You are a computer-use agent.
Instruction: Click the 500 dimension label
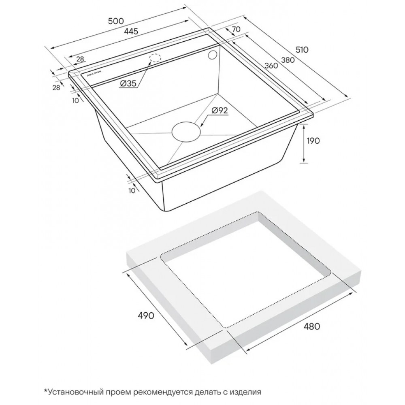[x=116, y=21]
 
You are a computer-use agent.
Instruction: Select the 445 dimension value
[x=131, y=31]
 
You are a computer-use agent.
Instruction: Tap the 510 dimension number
[x=302, y=49]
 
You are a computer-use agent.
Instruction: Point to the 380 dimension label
[x=288, y=60]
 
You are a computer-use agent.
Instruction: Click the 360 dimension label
[x=271, y=66]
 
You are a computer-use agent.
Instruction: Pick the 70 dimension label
[x=236, y=30]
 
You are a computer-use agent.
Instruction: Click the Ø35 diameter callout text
[x=128, y=83]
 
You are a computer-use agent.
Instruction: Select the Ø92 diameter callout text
[x=220, y=111]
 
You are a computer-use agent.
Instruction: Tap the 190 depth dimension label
[x=312, y=141]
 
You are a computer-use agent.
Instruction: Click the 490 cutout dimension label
[x=146, y=315]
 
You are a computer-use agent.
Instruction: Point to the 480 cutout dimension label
[x=311, y=326]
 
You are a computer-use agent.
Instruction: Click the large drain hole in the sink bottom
[x=186, y=132]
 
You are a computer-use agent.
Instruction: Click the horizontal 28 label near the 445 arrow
[x=80, y=59]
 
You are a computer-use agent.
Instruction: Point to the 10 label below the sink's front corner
[x=132, y=190]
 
